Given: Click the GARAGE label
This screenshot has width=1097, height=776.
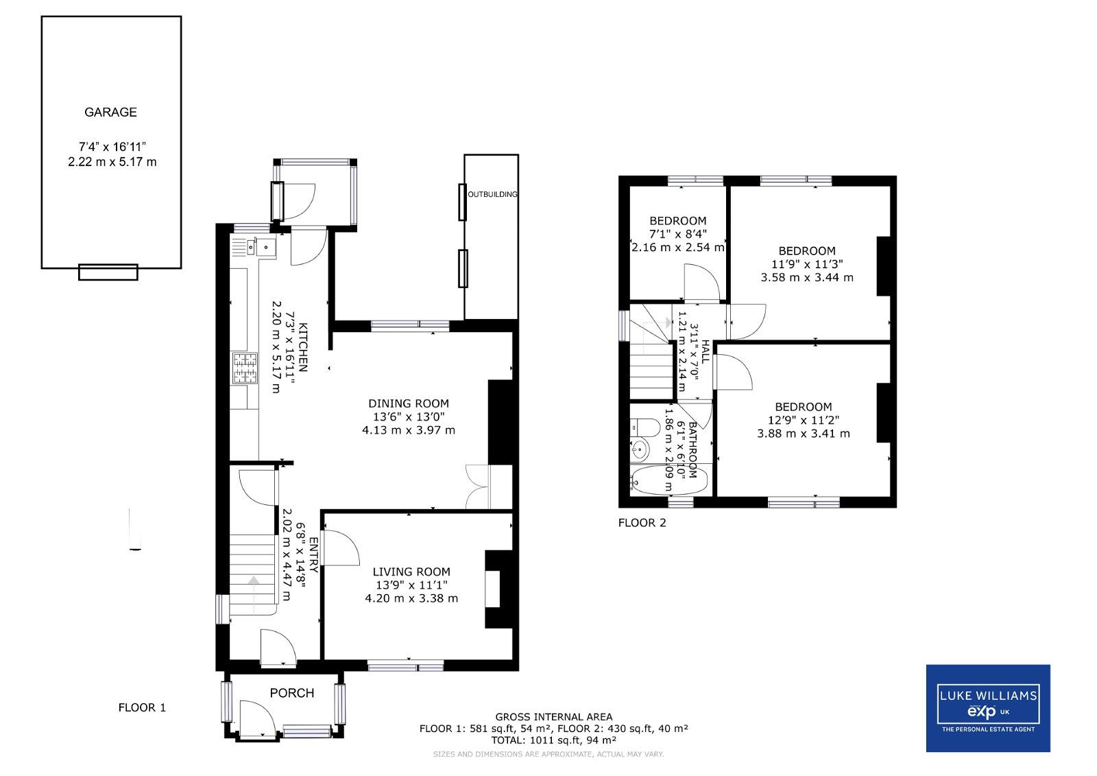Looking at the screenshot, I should pyautogui.click(x=110, y=113).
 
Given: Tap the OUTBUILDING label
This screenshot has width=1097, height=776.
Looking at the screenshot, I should pyautogui.click(x=492, y=194).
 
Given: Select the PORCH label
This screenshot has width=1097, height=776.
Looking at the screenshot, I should pyautogui.click(x=291, y=694).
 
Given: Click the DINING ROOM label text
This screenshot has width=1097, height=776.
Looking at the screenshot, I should pyautogui.click(x=409, y=403).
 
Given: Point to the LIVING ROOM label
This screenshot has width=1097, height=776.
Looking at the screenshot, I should pyautogui.click(x=411, y=572).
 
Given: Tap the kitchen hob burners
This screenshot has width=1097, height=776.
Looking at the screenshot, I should pyautogui.click(x=245, y=368).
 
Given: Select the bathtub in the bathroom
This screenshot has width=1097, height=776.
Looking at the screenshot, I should pyautogui.click(x=669, y=481).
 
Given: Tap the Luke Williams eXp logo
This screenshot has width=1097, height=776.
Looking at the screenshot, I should pyautogui.click(x=987, y=708).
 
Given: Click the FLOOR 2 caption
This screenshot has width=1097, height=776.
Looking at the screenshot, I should pyautogui.click(x=642, y=523).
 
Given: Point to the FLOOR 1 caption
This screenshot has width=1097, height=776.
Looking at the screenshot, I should pyautogui.click(x=142, y=707).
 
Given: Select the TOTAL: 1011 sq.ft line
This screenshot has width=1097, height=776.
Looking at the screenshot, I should pyautogui.click(x=553, y=740).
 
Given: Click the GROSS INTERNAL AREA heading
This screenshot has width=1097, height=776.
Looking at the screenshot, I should pyautogui.click(x=553, y=717).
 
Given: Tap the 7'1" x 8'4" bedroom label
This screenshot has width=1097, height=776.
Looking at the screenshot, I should pyautogui.click(x=677, y=234).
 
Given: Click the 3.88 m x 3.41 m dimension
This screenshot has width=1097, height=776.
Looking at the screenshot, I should pyautogui.click(x=803, y=434).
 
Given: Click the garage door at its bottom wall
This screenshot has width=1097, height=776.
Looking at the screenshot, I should pyautogui.click(x=108, y=272).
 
